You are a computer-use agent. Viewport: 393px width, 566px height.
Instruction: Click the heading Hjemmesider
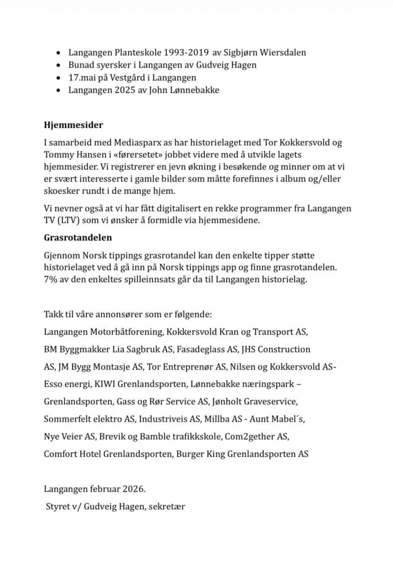(x=73, y=125)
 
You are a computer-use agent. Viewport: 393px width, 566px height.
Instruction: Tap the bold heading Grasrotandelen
(x=77, y=237)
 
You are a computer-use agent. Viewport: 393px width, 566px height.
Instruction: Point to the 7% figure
(x=50, y=280)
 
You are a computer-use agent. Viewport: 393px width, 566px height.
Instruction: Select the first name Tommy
(x=57, y=155)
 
